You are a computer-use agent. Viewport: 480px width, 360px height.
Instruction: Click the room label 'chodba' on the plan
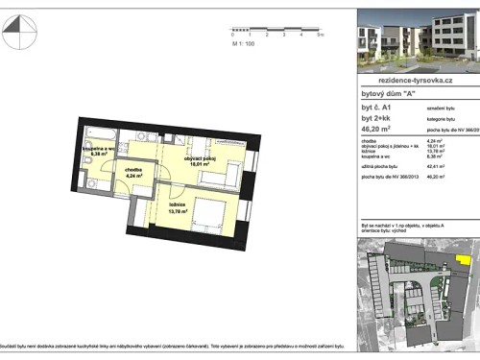point(134,170)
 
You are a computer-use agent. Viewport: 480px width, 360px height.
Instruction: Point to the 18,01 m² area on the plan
point(180,165)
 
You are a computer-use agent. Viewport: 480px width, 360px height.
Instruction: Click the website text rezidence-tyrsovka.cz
point(416,84)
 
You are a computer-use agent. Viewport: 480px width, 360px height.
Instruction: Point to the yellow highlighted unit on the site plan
point(465,258)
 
